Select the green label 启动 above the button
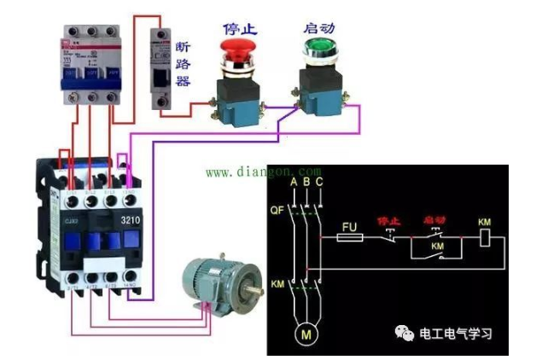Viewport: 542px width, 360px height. (317, 28)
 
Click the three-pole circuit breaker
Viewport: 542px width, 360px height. (88, 59)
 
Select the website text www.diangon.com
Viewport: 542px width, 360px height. (263, 171)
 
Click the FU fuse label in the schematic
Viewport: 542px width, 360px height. (347, 228)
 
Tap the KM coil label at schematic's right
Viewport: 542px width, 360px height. (485, 223)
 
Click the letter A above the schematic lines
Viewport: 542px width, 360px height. (294, 183)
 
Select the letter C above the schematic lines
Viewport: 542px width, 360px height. (318, 183)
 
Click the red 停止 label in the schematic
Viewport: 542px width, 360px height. (389, 221)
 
